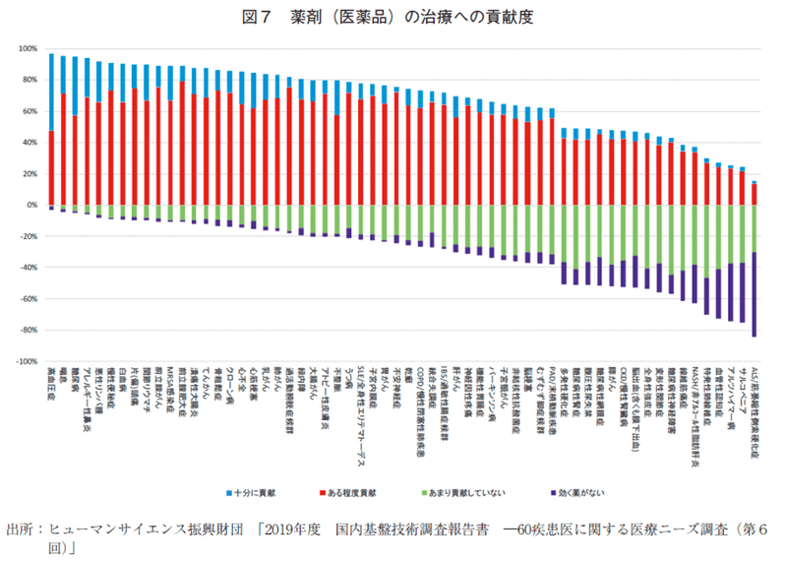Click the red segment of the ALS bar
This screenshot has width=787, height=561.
pyautogui.click(x=754, y=194)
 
